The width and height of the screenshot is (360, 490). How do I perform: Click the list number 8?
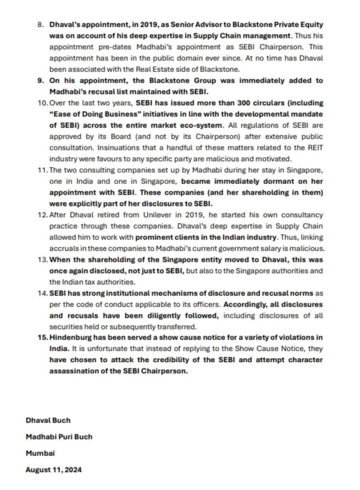click(40, 24)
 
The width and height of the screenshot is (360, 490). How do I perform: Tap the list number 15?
click(43, 337)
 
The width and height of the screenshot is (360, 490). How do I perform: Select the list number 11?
click(43, 169)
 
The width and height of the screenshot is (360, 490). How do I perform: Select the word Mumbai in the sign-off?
click(40, 453)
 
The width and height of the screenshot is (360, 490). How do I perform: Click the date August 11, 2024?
click(53, 470)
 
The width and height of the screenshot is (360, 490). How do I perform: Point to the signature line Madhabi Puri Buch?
click(59, 437)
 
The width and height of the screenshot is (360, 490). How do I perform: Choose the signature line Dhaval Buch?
click(48, 420)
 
